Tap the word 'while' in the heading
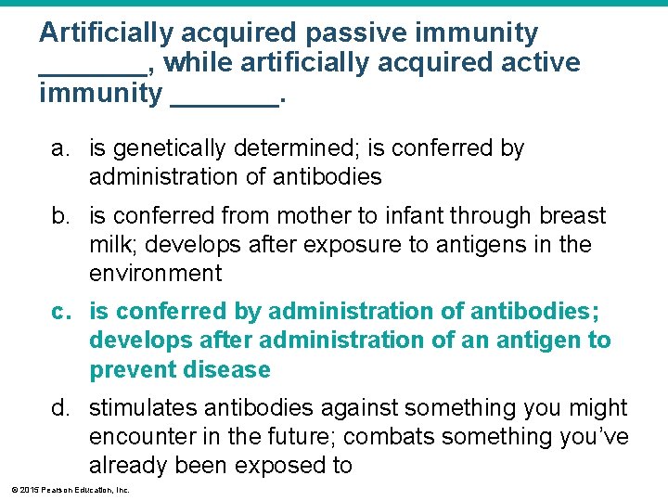point(202,63)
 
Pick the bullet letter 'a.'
point(61,148)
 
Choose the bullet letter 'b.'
point(61,216)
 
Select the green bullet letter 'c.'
point(61,312)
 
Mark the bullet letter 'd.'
point(61,408)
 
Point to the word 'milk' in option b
point(109,245)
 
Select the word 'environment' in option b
point(155,274)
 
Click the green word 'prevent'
point(134,370)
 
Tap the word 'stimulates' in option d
point(148,408)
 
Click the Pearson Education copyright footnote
point(71,489)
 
